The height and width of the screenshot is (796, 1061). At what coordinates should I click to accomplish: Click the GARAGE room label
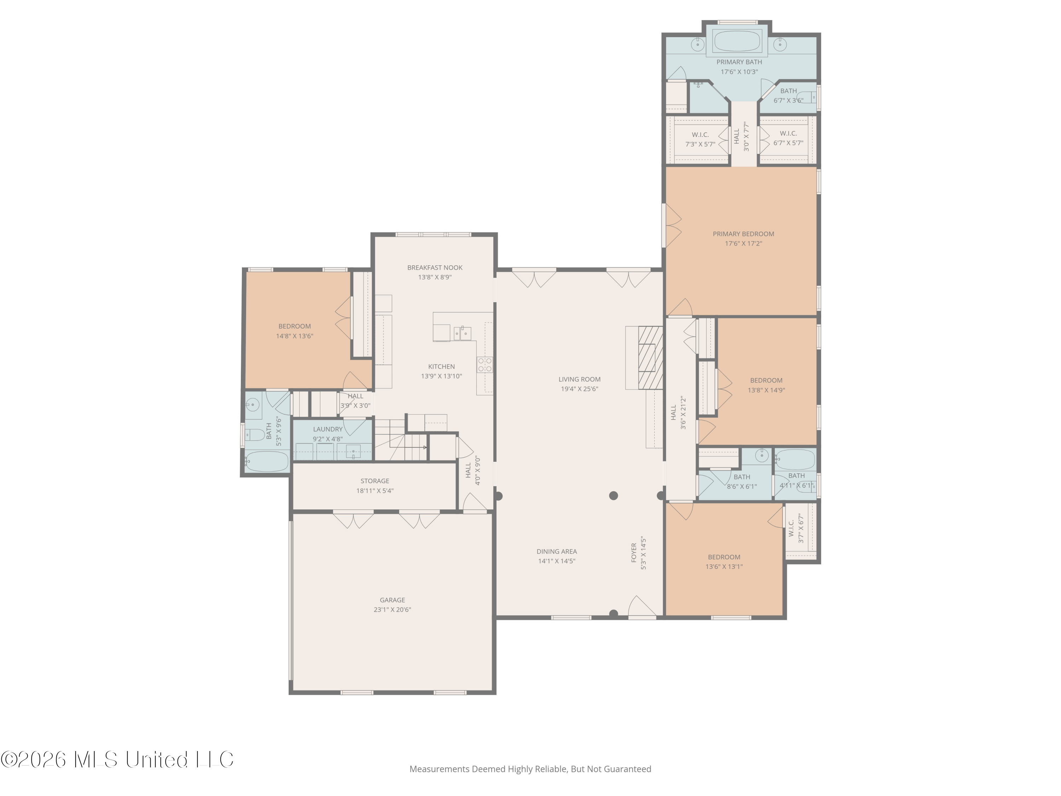[x=392, y=600]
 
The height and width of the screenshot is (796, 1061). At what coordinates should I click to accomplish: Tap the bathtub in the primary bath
[x=737, y=41]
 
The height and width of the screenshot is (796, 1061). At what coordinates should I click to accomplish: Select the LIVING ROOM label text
[x=579, y=379]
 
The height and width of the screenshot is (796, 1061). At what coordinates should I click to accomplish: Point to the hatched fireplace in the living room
[x=650, y=357]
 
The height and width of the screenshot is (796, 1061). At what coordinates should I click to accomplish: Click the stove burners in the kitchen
[x=485, y=365]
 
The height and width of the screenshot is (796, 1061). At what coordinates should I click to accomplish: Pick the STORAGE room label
[x=375, y=481]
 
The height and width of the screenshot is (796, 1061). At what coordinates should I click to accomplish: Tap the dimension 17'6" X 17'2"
[x=743, y=243]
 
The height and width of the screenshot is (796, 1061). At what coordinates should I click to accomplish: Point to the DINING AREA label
[x=556, y=551]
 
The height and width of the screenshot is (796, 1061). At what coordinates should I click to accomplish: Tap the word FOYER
[x=634, y=553]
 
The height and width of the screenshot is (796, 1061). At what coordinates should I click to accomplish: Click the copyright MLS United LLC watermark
[x=117, y=760]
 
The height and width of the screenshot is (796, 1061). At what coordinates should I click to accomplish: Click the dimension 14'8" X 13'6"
[x=295, y=336]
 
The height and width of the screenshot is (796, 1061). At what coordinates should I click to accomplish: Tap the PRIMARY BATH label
[x=739, y=62]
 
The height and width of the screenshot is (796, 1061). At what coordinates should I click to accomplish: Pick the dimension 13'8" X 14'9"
[x=766, y=390]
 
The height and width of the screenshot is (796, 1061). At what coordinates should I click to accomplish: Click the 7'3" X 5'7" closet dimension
[x=700, y=144]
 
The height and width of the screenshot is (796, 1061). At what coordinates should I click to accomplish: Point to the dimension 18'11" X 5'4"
[x=375, y=491]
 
